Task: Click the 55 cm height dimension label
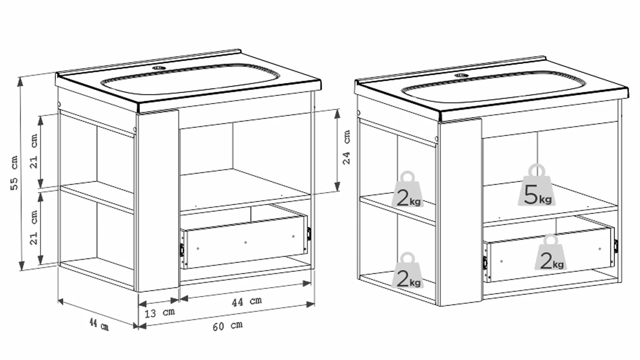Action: pyautogui.click(x=14, y=173)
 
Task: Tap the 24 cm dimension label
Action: pyautogui.click(x=347, y=147)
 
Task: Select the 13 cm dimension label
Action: pyautogui.click(x=160, y=313)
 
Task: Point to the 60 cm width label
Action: pyautogui.click(x=228, y=326)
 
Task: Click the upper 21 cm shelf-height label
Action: pyautogui.click(x=34, y=151)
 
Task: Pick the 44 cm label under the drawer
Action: pyautogui.click(x=247, y=302)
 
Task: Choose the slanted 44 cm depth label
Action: pyautogui.click(x=99, y=324)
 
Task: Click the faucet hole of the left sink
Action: pyautogui.click(x=158, y=68)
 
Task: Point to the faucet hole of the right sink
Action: pyautogui.click(x=461, y=75)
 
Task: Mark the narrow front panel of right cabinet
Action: pyautogui.click(x=461, y=212)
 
